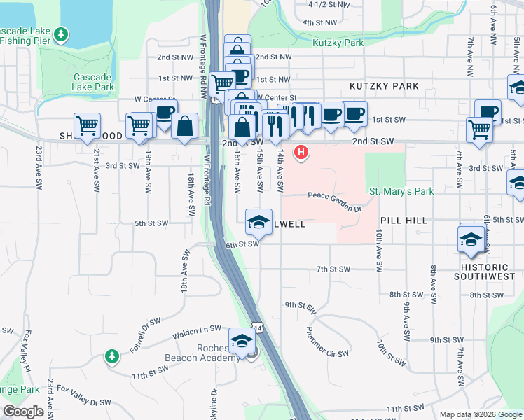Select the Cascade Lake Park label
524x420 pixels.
coord(92,82)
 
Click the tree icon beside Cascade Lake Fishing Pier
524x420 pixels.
coord(62,34)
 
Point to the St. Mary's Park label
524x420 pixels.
coord(401,191)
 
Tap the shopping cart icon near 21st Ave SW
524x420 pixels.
coord(87,126)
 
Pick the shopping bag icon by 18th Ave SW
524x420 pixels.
coord(184,126)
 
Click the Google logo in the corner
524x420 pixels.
coord(23,412)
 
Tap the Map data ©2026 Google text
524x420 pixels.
coord(481,414)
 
